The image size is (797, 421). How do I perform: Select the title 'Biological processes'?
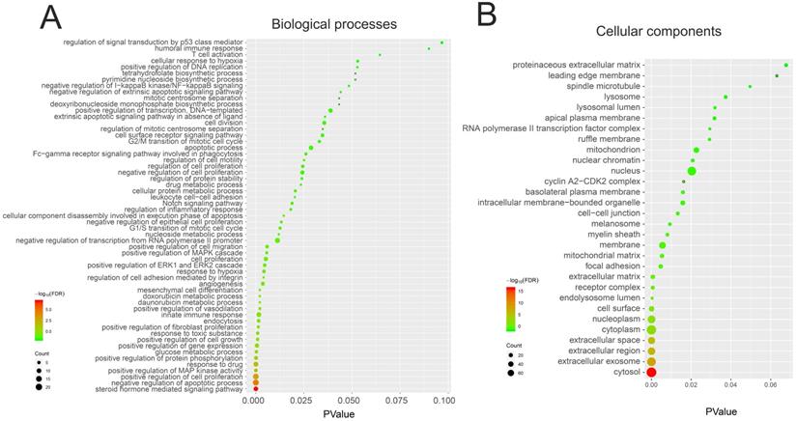[348, 22]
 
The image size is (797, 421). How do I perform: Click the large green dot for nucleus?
[692, 171]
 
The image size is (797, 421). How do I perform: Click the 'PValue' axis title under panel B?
[721, 409]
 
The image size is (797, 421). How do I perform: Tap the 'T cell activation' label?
[213, 54]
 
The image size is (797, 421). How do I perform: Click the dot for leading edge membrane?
[777, 75]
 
